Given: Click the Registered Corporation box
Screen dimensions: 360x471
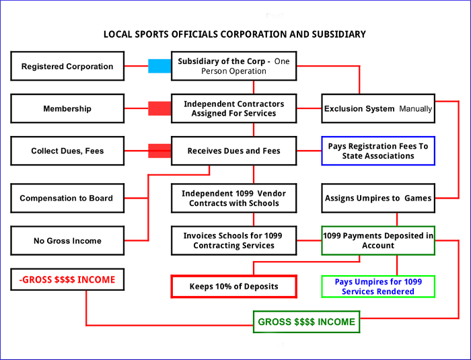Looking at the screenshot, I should pos(67,67).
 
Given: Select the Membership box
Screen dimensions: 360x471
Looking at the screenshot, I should pos(67,108).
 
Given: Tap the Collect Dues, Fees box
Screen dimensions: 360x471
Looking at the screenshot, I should pos(67,151).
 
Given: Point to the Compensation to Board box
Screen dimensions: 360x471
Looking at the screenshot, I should pos(67,199).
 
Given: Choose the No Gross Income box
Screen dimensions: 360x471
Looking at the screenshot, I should pos(67,241).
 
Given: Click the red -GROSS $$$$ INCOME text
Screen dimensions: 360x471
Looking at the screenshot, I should pos(67,279).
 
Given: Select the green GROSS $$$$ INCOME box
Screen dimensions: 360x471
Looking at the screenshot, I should pos(306,322).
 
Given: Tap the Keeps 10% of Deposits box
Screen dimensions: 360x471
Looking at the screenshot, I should pos(233,287).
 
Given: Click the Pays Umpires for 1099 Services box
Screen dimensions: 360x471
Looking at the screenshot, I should pos(378,287).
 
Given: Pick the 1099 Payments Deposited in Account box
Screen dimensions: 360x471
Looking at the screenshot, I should pos(378,240).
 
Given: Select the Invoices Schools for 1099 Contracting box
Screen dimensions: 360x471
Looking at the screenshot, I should pos(233,240).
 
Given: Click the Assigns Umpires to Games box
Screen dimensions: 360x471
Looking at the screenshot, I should pos(378,199).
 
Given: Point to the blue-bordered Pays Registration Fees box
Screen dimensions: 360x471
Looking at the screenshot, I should pos(378,151).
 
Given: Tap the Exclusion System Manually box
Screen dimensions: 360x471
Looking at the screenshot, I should pos(378,108).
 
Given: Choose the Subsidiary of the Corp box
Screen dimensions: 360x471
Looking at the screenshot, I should pos(233,66).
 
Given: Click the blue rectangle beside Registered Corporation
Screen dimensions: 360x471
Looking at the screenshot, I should pos(159,66).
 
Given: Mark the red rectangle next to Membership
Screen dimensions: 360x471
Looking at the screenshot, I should pos(159,108).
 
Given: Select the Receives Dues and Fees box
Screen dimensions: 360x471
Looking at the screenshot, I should pos(233,151).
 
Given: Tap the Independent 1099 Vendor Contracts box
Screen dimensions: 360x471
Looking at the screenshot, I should pos(233,199).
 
